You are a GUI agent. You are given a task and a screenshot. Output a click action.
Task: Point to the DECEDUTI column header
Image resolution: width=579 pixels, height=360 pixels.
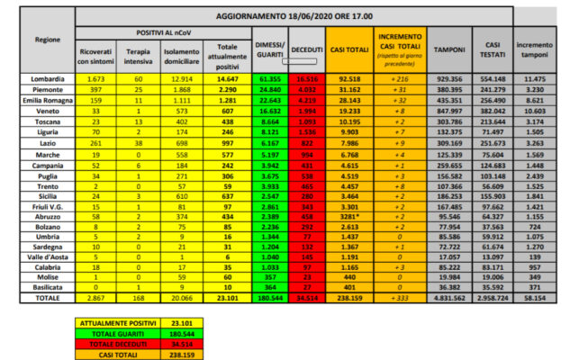pos(309,49)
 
